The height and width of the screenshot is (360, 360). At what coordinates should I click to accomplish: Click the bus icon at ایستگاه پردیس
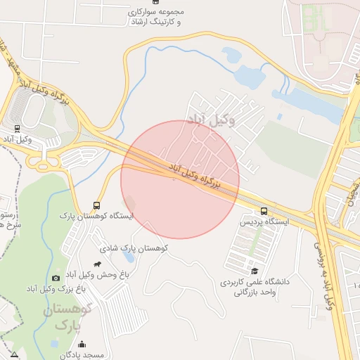(264, 211)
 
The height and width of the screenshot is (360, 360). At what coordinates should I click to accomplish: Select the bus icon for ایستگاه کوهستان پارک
(96, 205)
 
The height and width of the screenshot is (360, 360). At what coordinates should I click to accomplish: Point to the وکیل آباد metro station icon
(17, 129)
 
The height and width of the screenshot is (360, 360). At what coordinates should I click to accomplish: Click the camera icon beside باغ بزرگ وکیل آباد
(57, 278)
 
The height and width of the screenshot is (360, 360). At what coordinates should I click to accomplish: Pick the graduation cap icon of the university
(255, 271)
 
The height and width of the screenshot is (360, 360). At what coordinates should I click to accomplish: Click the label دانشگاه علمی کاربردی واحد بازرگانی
(255, 286)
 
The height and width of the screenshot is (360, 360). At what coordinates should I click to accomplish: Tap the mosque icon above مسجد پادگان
(82, 345)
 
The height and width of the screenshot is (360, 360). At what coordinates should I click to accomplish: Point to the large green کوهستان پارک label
(68, 317)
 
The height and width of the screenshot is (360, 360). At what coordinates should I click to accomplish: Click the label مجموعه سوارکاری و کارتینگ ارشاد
(155, 18)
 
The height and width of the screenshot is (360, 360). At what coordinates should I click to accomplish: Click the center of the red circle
(180, 179)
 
